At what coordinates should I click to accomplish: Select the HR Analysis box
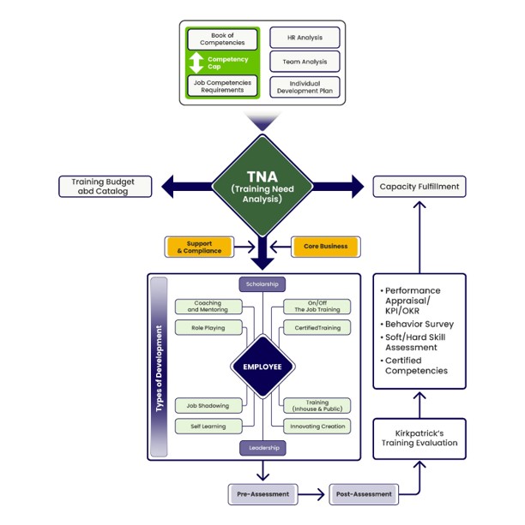[305, 37]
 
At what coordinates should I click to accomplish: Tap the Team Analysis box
[305, 62]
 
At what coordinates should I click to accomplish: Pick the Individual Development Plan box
[305, 87]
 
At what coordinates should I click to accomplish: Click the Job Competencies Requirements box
[221, 86]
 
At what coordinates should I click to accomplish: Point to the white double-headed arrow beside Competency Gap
[197, 62]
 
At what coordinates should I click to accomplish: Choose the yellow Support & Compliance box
[199, 247]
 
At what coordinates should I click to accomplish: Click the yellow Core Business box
[325, 247]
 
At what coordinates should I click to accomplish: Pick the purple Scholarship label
[262, 284]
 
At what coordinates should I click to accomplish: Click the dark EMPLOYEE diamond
[262, 366]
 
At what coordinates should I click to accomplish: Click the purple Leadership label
[262, 447]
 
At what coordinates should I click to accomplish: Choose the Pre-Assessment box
[263, 494]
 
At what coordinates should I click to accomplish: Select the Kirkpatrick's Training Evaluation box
[419, 438]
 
